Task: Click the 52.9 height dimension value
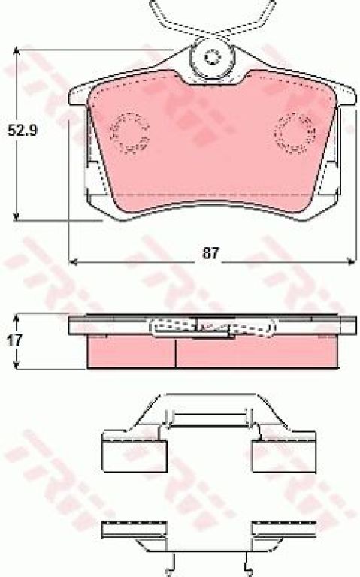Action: [23, 131]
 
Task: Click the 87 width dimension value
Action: [210, 253]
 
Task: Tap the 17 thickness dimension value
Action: [14, 340]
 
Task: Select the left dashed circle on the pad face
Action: [130, 133]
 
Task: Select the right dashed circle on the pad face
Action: [295, 133]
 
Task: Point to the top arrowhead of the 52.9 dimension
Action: [16, 53]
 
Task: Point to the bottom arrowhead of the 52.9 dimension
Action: [16, 216]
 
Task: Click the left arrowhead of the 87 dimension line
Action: [73, 262]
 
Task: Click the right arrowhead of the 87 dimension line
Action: [352, 262]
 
